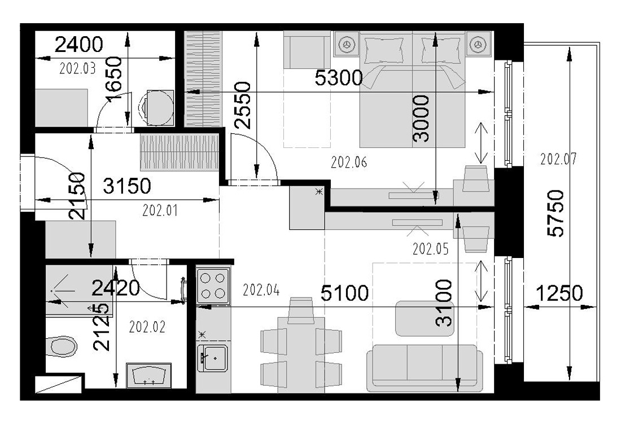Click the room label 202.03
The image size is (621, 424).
pos(78,69)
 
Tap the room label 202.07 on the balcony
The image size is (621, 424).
pos(558,159)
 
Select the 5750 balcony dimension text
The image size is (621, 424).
pos(556,213)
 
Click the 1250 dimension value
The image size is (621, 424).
pos(559,294)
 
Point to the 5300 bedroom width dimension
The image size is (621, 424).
pos(339,78)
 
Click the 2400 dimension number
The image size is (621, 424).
pos(79,45)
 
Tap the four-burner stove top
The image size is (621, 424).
pos(213,286)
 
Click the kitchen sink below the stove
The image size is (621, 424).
pos(213,357)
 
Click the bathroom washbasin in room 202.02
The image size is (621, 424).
pos(149,375)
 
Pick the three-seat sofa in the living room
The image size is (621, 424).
pos(424,365)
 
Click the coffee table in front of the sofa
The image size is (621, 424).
pos(425,318)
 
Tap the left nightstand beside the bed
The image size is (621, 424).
pos(347,43)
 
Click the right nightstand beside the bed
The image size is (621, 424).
pos(478,43)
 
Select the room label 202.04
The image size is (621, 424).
pos(261,290)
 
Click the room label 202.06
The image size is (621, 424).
pos(349,162)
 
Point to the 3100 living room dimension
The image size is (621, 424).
pos(444,303)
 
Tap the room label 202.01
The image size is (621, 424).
pos(160,210)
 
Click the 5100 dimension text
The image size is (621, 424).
pos(344,294)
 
